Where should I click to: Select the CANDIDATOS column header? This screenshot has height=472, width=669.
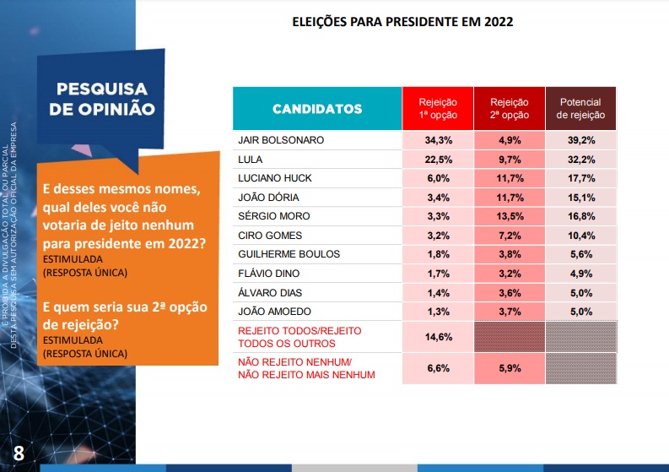click(x=317, y=109)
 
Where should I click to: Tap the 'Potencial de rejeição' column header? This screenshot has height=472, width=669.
click(x=580, y=108)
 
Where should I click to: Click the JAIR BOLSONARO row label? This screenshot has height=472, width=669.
click(x=282, y=140)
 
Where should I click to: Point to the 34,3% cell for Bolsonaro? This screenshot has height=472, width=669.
click(x=437, y=140)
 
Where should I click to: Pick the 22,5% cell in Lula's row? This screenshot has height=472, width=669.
click(x=437, y=159)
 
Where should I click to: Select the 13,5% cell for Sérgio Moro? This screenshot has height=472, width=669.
click(x=509, y=216)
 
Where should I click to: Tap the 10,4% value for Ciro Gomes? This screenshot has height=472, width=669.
click(x=580, y=235)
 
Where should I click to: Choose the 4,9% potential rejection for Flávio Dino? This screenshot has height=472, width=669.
click(x=580, y=273)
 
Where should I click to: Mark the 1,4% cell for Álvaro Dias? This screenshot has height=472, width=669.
click(x=437, y=292)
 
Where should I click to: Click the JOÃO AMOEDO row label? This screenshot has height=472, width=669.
click(x=275, y=311)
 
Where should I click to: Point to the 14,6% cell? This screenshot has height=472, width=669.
click(x=437, y=338)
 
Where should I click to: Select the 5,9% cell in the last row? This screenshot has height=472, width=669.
click(x=509, y=368)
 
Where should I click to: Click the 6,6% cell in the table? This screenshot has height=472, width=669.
click(x=437, y=368)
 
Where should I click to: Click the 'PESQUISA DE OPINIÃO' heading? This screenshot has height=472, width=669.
click(x=101, y=99)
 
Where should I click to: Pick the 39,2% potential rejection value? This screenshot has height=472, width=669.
click(x=580, y=140)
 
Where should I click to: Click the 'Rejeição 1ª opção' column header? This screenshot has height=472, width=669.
click(x=437, y=108)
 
